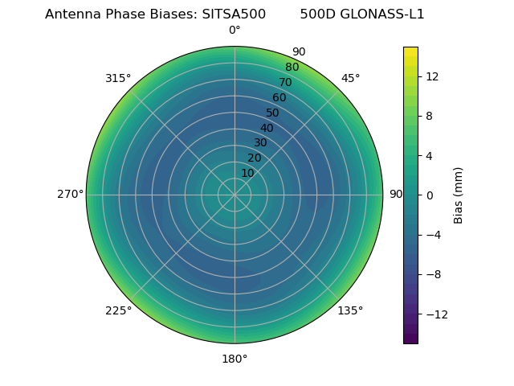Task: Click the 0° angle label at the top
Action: click(x=235, y=31)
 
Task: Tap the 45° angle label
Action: click(x=350, y=78)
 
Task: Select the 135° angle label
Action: click(x=350, y=310)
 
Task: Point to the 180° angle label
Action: click(x=235, y=359)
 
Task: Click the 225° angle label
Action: click(x=118, y=310)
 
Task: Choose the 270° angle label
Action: click(x=70, y=195)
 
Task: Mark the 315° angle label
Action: click(x=118, y=78)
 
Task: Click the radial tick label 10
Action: click(x=247, y=173)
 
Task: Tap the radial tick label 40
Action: click(x=267, y=128)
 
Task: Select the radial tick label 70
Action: click(x=286, y=82)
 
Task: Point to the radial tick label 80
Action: click(x=292, y=68)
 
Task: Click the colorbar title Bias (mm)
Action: click(x=459, y=195)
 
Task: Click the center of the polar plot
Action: click(x=235, y=195)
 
